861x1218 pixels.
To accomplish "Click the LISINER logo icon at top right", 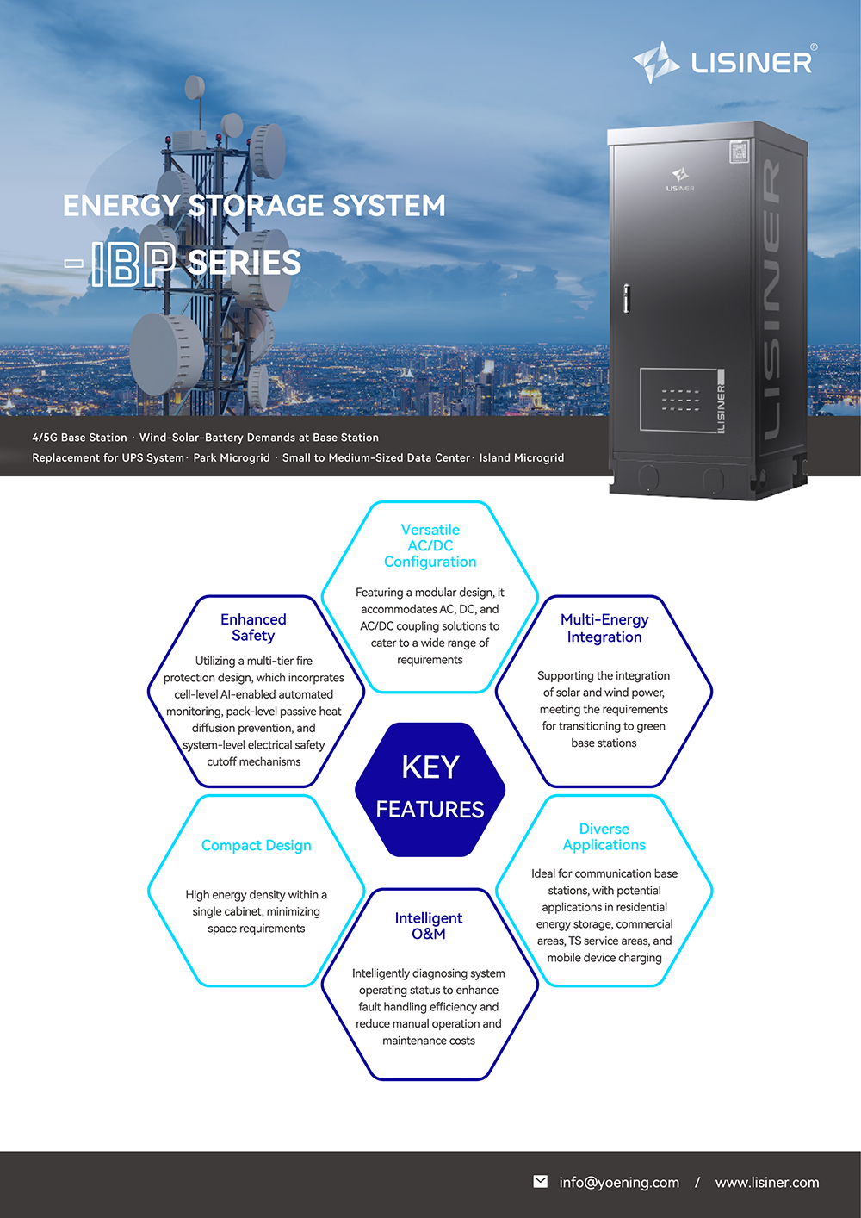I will click(656, 62).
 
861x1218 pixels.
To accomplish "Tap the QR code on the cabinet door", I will click(739, 152).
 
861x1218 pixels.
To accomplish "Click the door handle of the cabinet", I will click(626, 298).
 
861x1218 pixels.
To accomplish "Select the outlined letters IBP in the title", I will click(133, 264).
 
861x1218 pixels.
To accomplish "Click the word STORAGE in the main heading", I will click(255, 206).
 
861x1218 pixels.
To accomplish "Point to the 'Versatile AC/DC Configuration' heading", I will click(430, 546).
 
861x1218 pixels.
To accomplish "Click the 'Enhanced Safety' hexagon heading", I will click(253, 628).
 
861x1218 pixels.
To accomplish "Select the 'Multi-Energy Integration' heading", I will click(604, 628).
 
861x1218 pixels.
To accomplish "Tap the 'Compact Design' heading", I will click(257, 846).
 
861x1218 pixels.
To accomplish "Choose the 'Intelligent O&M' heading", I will click(429, 926).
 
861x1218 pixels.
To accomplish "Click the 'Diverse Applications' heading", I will click(604, 837).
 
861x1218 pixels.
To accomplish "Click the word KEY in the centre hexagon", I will click(430, 767).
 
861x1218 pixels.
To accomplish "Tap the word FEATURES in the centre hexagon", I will click(430, 810).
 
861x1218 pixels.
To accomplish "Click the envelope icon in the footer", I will click(541, 1182).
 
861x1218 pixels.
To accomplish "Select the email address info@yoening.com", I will click(619, 1183).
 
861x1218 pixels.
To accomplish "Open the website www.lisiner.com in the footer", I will click(767, 1183).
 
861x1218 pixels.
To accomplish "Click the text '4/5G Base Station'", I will click(79, 438).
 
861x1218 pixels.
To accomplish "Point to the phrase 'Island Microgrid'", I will click(522, 458).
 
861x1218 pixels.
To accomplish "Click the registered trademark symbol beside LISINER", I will click(814, 47).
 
